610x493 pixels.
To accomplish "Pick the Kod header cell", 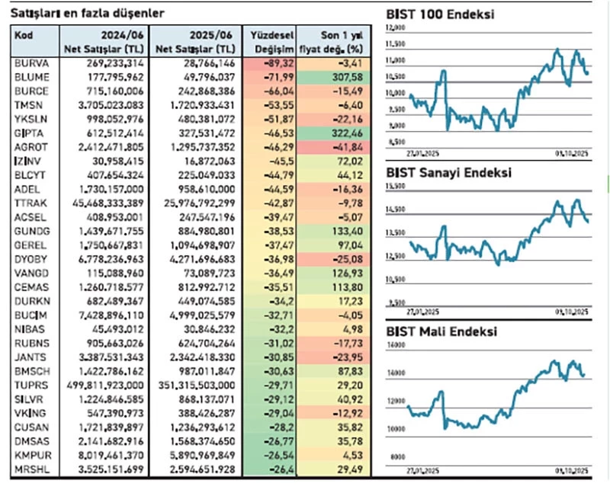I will [24, 36].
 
